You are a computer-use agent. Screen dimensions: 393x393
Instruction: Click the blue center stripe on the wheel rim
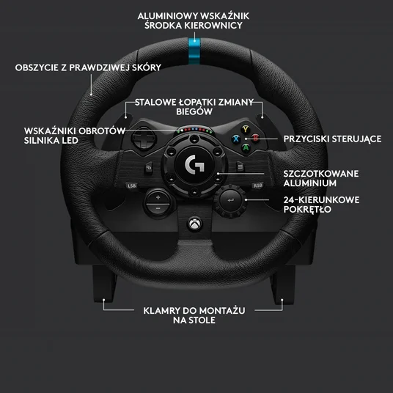(x=194, y=51)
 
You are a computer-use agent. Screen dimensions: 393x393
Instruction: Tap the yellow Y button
(x=246, y=129)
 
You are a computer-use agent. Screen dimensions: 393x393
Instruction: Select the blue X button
(x=236, y=139)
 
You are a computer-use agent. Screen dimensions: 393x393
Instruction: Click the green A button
(x=246, y=147)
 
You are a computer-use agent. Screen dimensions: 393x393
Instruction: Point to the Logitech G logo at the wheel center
(x=194, y=164)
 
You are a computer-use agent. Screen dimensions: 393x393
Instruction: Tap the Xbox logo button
(x=195, y=224)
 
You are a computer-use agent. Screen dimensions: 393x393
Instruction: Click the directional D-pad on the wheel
(x=144, y=139)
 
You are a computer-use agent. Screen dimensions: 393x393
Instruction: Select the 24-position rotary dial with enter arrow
(x=230, y=200)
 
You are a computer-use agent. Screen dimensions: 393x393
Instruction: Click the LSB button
(x=131, y=186)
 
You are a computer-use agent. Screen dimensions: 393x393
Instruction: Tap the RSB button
(x=257, y=186)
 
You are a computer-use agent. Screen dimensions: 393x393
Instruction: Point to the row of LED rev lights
(x=194, y=130)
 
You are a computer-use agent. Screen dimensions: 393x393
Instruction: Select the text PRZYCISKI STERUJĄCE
(x=332, y=139)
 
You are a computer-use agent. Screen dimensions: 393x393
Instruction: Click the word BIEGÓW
(x=194, y=111)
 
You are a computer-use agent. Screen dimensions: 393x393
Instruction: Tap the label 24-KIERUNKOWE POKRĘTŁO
(x=321, y=205)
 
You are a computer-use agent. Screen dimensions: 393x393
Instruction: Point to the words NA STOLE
(x=194, y=320)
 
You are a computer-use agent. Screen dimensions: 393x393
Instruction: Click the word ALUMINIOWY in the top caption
(x=168, y=16)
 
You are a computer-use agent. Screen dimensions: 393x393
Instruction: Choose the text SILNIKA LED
(x=51, y=140)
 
